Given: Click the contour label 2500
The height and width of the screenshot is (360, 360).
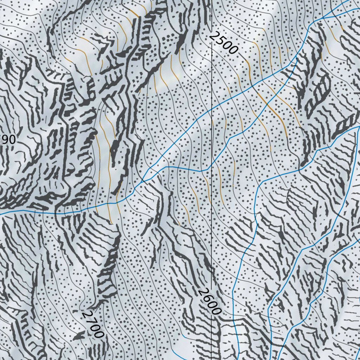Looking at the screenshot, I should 223,43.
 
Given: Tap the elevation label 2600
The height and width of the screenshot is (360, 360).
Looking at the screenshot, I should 210,301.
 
